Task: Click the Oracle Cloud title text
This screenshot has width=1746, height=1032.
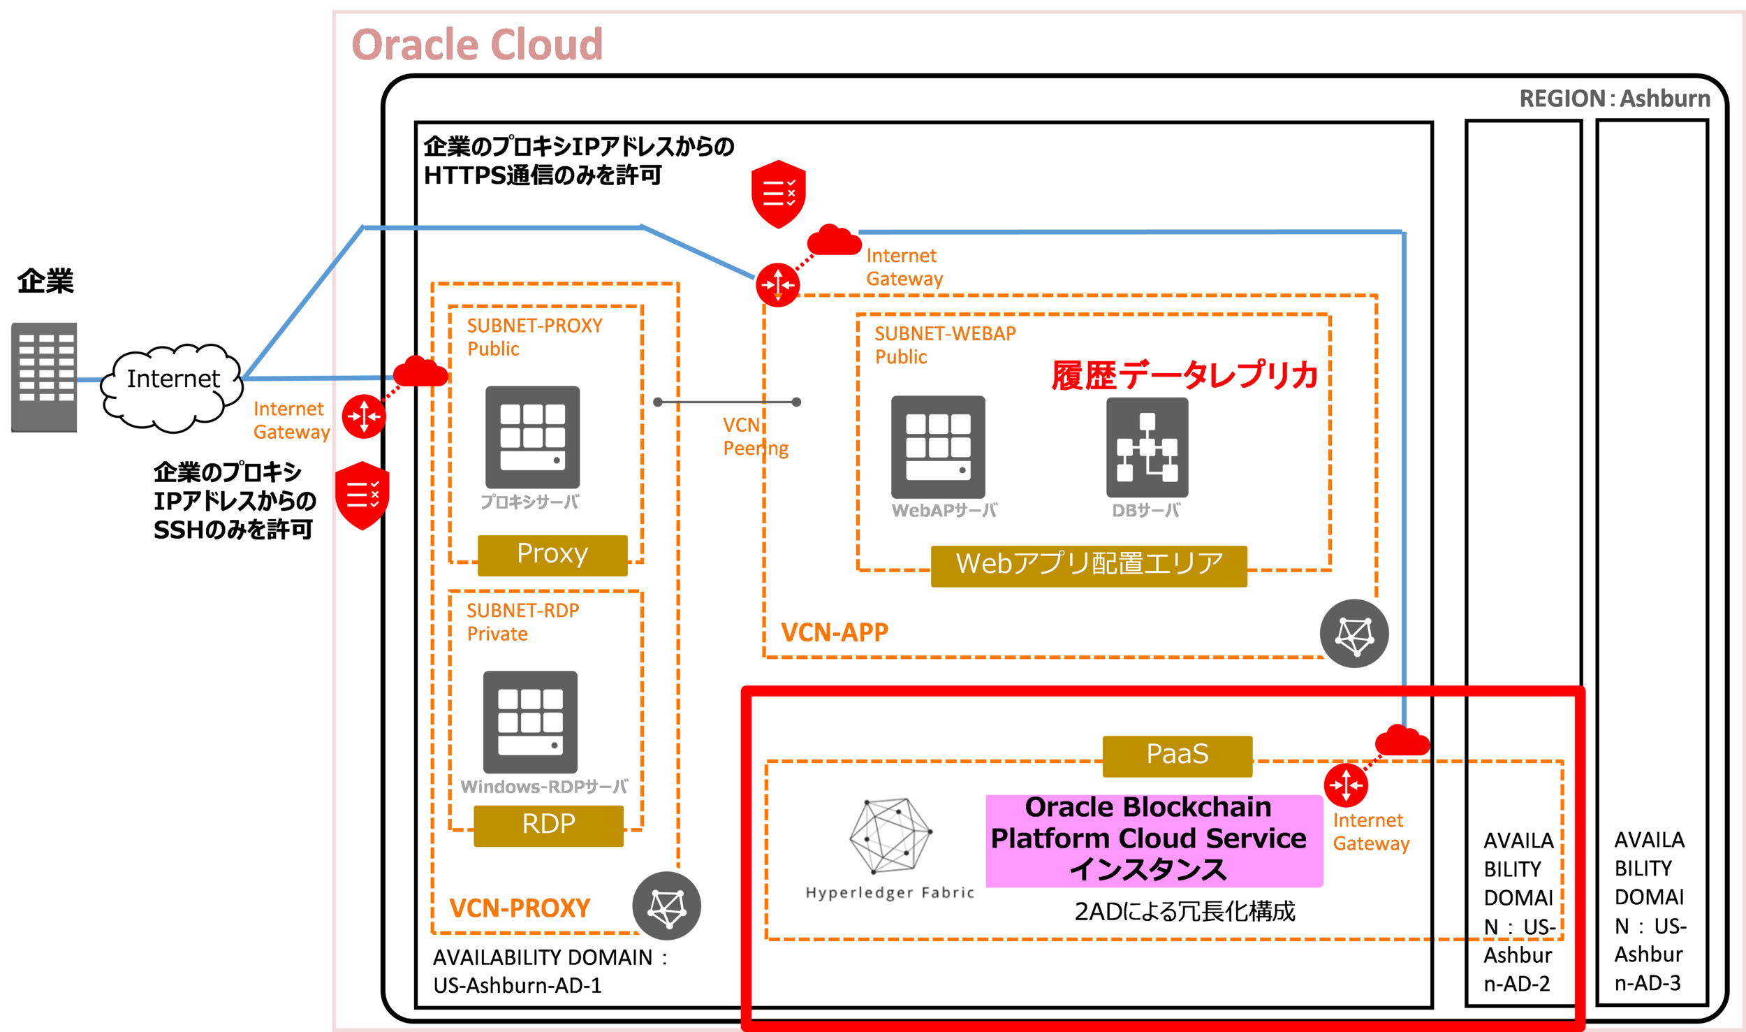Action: (x=477, y=45)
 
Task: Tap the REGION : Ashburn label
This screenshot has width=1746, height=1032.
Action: (x=1614, y=99)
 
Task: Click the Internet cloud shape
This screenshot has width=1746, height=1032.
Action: (x=173, y=386)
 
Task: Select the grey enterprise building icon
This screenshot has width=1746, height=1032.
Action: (x=44, y=377)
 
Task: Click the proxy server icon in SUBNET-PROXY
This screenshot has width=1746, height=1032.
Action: (x=532, y=437)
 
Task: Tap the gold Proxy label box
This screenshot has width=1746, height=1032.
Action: (x=552, y=555)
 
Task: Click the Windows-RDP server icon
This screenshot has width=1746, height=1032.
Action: (x=530, y=721)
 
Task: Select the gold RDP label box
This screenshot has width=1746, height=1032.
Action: (x=548, y=825)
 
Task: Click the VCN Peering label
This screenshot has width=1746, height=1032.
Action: (x=754, y=437)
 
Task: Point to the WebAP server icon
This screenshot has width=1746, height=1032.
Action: (x=937, y=446)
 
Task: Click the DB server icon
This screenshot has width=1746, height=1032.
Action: (x=1146, y=446)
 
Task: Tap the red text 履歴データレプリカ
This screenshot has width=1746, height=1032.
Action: (x=1184, y=376)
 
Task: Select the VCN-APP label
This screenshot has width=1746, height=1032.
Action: (x=834, y=632)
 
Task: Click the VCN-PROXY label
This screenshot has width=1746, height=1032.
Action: (x=520, y=908)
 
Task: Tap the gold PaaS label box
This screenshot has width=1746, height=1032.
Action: (x=1177, y=755)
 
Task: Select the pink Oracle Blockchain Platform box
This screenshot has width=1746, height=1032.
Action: (x=1153, y=839)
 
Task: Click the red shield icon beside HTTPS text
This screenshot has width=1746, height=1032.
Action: (x=778, y=194)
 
